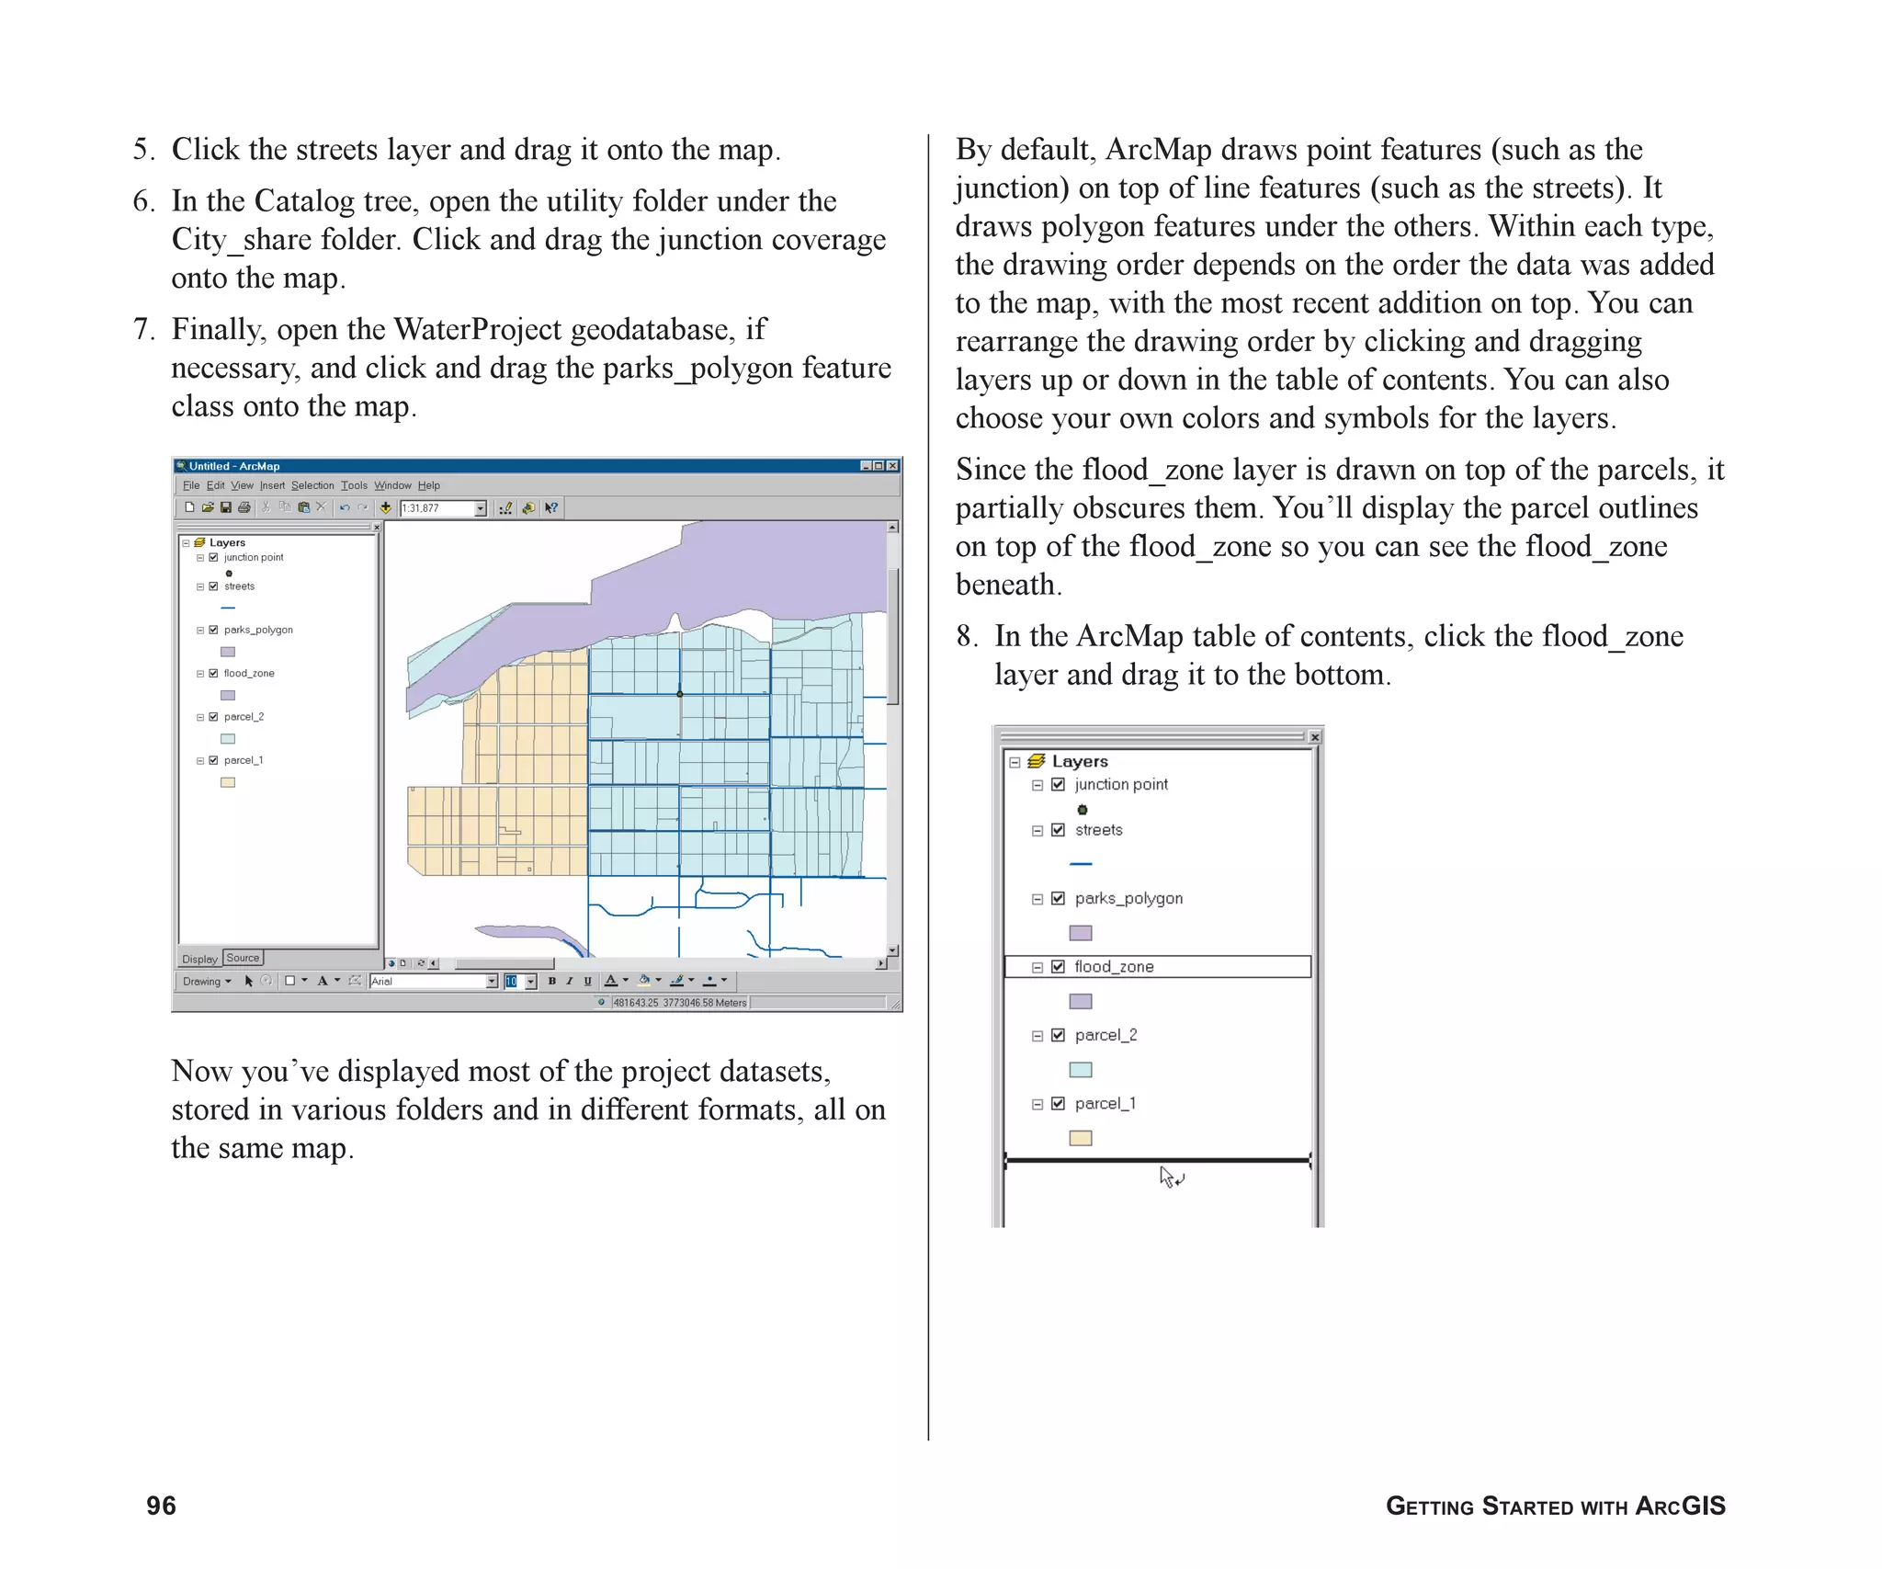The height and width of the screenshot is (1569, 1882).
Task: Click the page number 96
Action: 161,1506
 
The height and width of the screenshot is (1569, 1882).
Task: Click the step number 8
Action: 966,636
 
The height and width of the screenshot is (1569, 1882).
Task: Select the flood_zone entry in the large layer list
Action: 1113,966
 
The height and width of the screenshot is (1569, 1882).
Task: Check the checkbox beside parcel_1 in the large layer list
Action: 1058,1103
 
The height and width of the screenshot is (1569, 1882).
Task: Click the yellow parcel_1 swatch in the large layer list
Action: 1081,1138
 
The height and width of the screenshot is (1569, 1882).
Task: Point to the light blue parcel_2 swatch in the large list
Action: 1081,1070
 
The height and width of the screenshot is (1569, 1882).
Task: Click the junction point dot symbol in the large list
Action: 1083,810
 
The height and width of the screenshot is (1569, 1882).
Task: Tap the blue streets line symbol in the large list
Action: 1081,864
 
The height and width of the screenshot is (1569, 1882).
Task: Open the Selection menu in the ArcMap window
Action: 312,485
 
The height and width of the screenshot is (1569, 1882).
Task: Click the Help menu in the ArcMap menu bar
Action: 428,485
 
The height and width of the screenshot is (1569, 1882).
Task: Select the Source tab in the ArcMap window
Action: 243,958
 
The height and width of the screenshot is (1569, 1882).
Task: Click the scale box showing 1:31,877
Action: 436,508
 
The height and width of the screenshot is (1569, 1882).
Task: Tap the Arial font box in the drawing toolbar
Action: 427,982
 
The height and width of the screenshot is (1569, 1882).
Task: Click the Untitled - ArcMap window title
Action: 234,466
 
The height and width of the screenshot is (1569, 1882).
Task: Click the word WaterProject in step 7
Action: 477,329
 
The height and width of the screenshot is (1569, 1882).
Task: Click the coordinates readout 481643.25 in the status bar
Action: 636,1003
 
